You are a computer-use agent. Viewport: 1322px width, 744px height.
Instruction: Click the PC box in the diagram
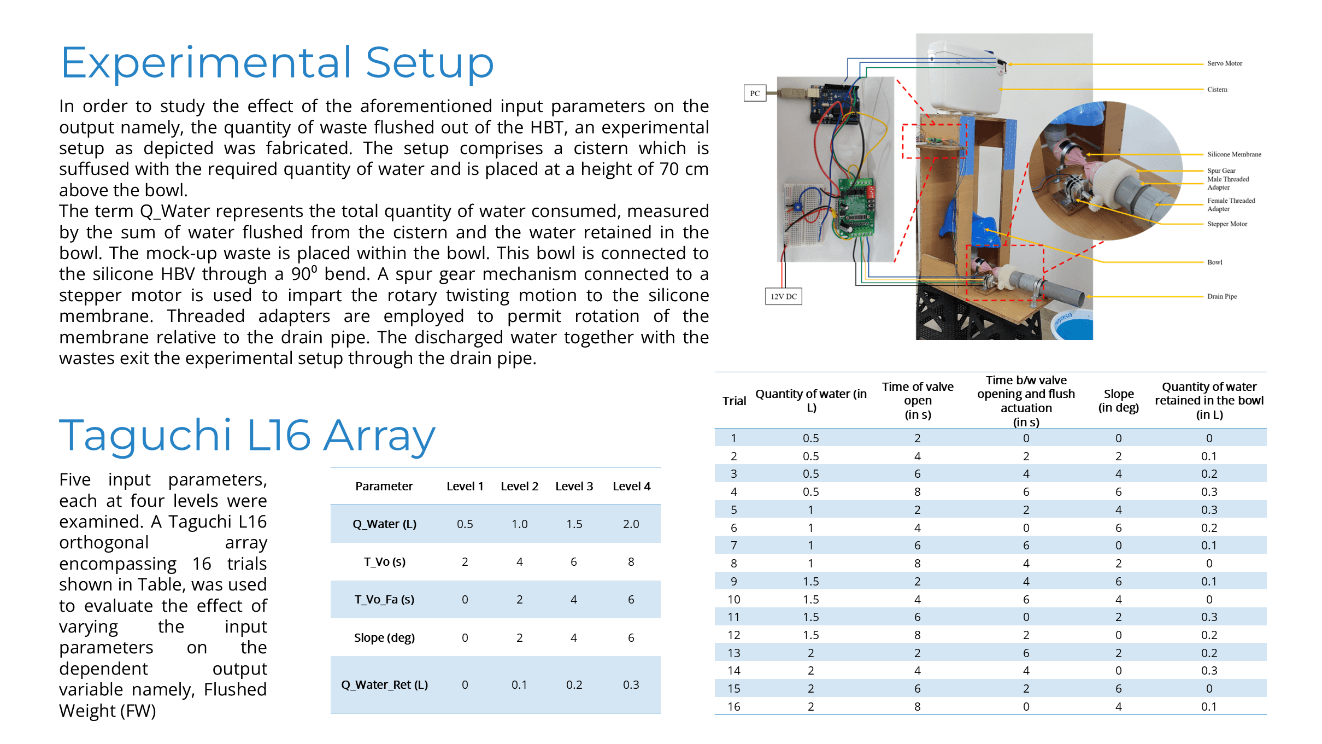click(754, 93)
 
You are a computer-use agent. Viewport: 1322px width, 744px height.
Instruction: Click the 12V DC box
click(783, 296)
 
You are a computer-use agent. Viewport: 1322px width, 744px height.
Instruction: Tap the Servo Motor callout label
click(1224, 63)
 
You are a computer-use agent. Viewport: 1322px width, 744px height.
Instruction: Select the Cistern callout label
click(1217, 89)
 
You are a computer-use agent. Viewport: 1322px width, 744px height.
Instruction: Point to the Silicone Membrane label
click(1233, 154)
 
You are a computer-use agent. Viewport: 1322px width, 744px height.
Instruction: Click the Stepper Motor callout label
click(1227, 224)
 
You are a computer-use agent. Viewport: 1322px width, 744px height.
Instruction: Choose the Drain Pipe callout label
click(1221, 296)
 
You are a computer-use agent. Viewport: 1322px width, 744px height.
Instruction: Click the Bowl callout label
click(1214, 262)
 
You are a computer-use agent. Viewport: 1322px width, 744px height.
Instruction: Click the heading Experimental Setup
click(277, 63)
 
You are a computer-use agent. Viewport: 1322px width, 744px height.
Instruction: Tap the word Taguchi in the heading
click(145, 435)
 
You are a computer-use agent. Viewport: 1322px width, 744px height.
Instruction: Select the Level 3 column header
click(574, 486)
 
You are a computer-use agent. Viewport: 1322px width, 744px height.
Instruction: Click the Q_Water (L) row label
click(384, 524)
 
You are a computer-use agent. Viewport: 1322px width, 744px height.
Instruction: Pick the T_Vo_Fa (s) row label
click(384, 599)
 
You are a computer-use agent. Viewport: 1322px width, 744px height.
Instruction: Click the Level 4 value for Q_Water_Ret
click(631, 684)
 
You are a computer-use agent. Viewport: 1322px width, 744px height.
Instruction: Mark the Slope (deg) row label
click(384, 637)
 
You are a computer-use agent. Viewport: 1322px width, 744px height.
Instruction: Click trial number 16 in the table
click(733, 706)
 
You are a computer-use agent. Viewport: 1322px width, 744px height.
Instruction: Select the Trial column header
click(734, 401)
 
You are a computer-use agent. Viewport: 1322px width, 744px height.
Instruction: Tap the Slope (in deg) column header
click(1118, 401)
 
